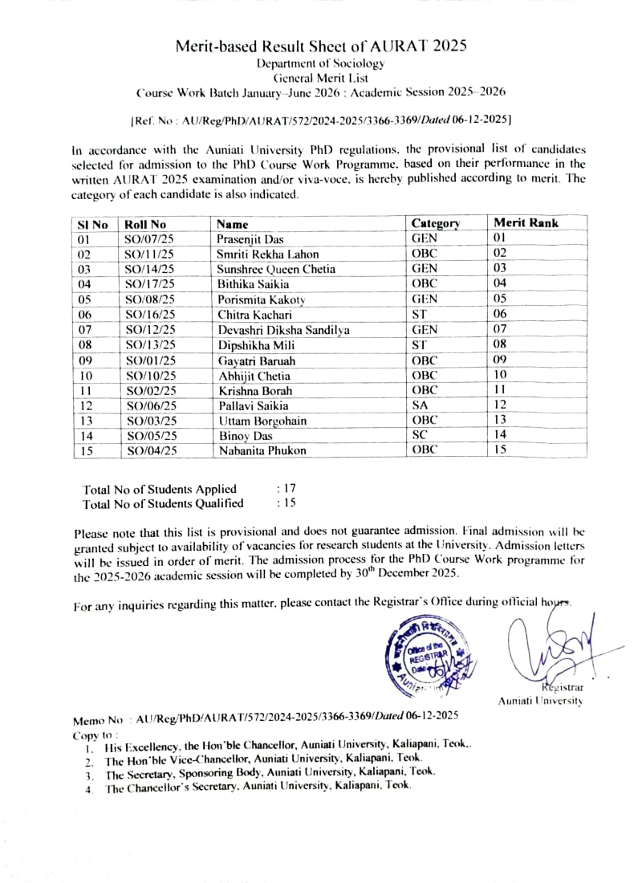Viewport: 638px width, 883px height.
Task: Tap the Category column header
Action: click(x=435, y=224)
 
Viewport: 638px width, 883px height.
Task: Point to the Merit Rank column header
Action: click(x=526, y=223)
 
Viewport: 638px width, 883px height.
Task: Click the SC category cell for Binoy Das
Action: click(x=420, y=436)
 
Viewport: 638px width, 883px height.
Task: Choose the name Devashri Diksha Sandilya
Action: click(x=283, y=330)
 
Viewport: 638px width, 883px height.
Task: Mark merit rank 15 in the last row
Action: click(x=500, y=450)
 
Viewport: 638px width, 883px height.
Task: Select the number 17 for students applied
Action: click(x=285, y=489)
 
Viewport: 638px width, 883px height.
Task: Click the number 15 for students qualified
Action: click(x=285, y=503)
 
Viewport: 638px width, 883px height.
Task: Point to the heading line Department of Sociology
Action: click(x=320, y=63)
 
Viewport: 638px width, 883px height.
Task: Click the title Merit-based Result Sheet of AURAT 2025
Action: click(x=321, y=46)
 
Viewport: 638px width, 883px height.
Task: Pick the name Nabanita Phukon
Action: click(x=262, y=451)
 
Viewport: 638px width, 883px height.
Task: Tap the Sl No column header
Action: click(x=92, y=225)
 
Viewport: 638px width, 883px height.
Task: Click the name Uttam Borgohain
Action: click(x=262, y=421)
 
